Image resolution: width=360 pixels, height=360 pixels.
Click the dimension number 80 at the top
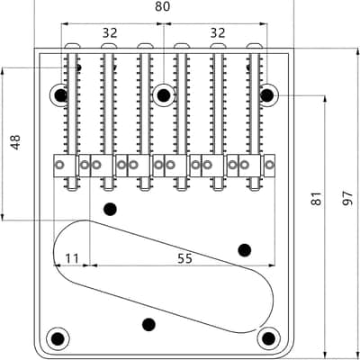(162, 6)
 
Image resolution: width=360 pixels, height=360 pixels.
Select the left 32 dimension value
(110, 33)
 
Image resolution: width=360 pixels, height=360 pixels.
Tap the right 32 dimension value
(218, 33)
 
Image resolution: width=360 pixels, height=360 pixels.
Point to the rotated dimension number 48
(15, 142)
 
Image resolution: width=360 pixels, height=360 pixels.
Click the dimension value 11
(72, 258)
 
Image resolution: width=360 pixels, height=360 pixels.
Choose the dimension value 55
(184, 258)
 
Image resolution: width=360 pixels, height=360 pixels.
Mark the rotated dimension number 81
(316, 198)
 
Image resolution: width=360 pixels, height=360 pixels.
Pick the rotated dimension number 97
(347, 198)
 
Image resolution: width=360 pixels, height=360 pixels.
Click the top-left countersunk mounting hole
(60, 95)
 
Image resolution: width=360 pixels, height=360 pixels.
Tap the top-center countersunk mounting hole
(164, 95)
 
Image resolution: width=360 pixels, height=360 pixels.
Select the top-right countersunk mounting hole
(267, 95)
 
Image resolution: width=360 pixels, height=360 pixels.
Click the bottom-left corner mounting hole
(58, 338)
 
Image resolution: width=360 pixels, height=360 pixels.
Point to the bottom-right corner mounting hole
(268, 338)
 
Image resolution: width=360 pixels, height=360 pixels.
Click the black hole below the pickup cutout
(148, 324)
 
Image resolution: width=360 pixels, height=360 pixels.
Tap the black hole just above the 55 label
(245, 250)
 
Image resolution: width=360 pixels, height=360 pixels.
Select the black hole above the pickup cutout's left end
(110, 209)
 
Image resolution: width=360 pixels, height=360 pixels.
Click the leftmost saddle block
(65, 166)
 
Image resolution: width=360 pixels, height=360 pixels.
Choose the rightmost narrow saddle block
(269, 166)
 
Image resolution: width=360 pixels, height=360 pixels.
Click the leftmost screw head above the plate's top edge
(73, 46)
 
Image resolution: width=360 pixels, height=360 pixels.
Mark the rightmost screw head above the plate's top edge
(255, 46)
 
